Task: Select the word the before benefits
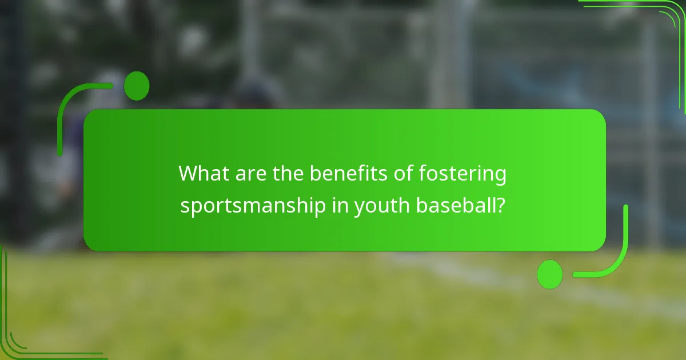click(x=289, y=173)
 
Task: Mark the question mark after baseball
click(x=501, y=205)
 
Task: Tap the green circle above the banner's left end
click(x=137, y=86)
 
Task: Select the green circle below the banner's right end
click(x=549, y=274)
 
